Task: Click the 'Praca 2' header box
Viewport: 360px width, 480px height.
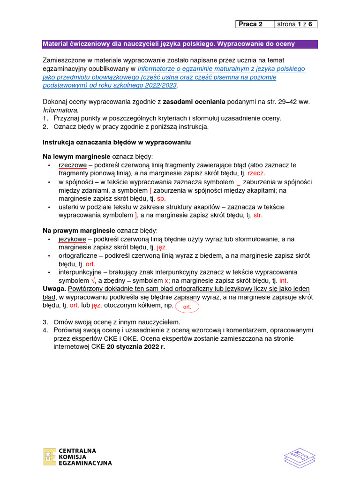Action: [x=250, y=24]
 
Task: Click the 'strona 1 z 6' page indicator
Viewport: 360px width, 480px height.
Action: [x=294, y=24]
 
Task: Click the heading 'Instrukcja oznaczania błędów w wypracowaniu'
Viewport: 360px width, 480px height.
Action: [x=117, y=142]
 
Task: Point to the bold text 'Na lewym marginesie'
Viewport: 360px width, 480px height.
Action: [x=76, y=156]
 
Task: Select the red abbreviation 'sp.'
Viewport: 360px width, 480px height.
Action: [x=161, y=198]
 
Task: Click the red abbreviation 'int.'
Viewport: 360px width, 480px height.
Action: [x=284, y=281]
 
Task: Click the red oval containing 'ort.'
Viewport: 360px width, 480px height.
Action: [x=187, y=307]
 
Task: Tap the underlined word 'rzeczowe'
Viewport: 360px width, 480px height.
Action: [x=72, y=165]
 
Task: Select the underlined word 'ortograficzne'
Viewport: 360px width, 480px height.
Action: [x=78, y=256]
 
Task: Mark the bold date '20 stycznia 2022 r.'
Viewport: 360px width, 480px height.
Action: [x=136, y=348]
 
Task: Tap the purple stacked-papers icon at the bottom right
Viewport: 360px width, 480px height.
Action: [x=300, y=457]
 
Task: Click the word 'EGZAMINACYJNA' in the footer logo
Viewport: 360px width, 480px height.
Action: [x=85, y=463]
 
